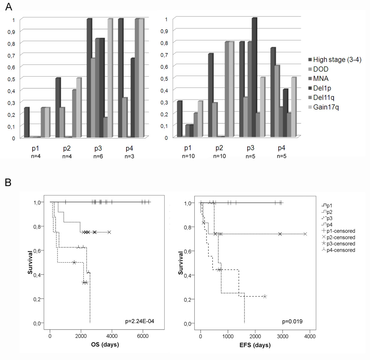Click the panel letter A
pyautogui.click(x=9, y=7)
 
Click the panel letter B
pyautogui.click(x=8, y=182)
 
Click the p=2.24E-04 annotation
pyautogui.click(x=140, y=321)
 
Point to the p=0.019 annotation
pyautogui.click(x=292, y=322)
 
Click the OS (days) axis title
pyautogui.click(x=105, y=344)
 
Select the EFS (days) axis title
pyautogui.click(x=255, y=345)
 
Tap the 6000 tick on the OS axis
pyautogui.click(x=142, y=336)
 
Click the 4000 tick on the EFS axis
pyautogui.click(x=310, y=336)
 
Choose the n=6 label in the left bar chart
pyautogui.click(x=98, y=156)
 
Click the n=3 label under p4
pyautogui.click(x=129, y=156)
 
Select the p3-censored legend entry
pyautogui.click(x=339, y=244)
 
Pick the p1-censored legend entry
pyautogui.click(x=339, y=231)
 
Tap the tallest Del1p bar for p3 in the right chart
pyautogui.click(x=254, y=77)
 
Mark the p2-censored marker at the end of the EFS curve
pyautogui.click(x=305, y=234)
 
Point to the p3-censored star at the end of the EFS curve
pyautogui.click(x=265, y=296)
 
